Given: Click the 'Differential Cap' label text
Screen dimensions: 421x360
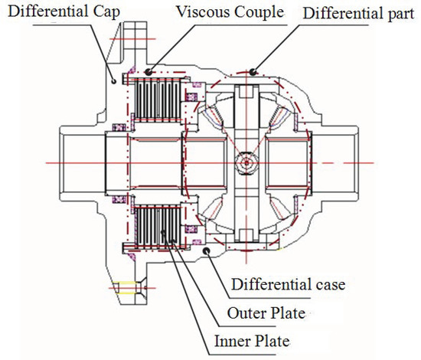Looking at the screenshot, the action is (64, 11).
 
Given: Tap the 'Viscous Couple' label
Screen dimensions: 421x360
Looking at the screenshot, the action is (230, 11).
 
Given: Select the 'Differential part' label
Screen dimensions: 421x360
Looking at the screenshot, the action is (358, 14).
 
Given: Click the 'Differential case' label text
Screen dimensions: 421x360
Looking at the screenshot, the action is (288, 284).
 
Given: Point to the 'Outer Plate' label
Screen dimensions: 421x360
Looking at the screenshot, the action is (266, 313).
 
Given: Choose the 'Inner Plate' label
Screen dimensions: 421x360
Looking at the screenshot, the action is (252, 341).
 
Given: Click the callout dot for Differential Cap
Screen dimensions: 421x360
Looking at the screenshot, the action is (114, 80).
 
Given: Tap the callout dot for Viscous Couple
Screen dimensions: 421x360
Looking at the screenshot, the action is (148, 72).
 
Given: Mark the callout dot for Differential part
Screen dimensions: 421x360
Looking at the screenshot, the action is (253, 72).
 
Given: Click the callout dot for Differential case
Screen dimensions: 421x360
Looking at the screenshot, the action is (207, 251).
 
